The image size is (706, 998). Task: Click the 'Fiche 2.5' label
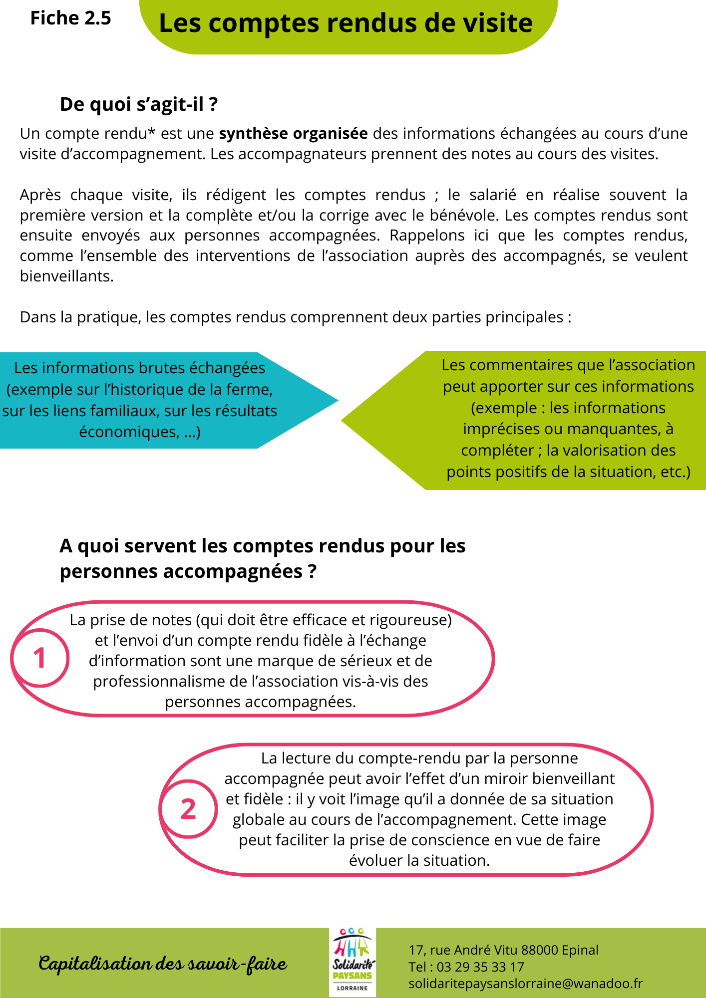(x=70, y=18)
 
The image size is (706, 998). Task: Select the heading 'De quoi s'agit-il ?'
(x=138, y=104)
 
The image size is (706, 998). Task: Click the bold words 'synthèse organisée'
(x=293, y=134)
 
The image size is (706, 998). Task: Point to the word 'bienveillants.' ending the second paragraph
(x=66, y=276)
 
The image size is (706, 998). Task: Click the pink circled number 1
(x=39, y=658)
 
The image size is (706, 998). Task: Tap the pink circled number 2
(x=188, y=809)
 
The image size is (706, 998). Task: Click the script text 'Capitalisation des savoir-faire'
(x=163, y=963)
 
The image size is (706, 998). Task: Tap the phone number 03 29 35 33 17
(x=480, y=967)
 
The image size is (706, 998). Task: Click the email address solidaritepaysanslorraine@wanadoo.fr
(x=525, y=983)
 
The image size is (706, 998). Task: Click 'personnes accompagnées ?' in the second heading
(x=188, y=571)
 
